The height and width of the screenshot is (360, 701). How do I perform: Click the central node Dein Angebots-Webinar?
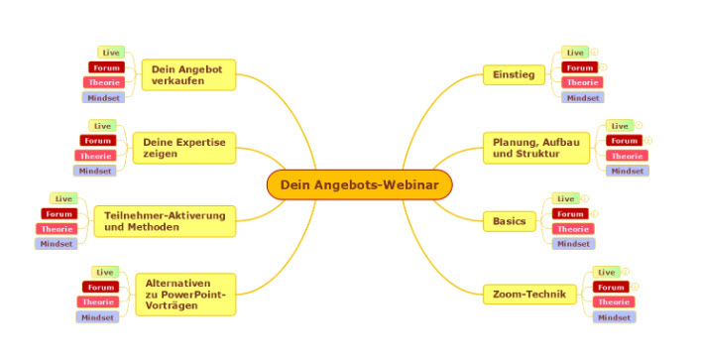click(360, 184)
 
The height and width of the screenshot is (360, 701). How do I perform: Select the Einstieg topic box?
click(515, 74)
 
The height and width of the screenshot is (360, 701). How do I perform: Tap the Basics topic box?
click(510, 221)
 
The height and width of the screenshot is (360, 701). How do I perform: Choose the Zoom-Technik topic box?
click(529, 295)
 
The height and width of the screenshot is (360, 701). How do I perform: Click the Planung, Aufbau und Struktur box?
click(536, 148)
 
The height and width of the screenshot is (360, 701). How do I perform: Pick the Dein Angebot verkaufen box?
click(188, 75)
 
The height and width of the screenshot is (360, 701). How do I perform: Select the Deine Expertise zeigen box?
click(184, 148)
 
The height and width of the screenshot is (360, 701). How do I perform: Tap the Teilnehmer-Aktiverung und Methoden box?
click(165, 221)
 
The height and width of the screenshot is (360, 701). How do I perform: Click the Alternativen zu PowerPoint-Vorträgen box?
click(185, 295)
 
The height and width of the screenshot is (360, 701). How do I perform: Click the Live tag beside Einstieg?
click(575, 53)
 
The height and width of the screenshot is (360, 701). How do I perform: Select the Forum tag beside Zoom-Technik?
click(611, 287)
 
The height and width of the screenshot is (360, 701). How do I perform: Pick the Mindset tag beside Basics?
click(573, 244)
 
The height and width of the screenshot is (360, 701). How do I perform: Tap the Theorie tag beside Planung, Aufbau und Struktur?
click(627, 156)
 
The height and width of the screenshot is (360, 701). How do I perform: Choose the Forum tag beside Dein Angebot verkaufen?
click(106, 67)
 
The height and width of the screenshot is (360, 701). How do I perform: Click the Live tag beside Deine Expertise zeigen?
click(102, 126)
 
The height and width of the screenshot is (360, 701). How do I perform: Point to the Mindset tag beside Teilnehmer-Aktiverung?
click(57, 244)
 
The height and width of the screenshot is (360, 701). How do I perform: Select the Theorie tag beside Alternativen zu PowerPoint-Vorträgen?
click(98, 301)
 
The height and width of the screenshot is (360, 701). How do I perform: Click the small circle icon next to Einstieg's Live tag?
click(594, 52)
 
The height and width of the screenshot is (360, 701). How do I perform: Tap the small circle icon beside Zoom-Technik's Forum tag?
click(635, 287)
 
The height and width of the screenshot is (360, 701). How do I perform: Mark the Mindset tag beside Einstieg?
click(583, 97)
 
